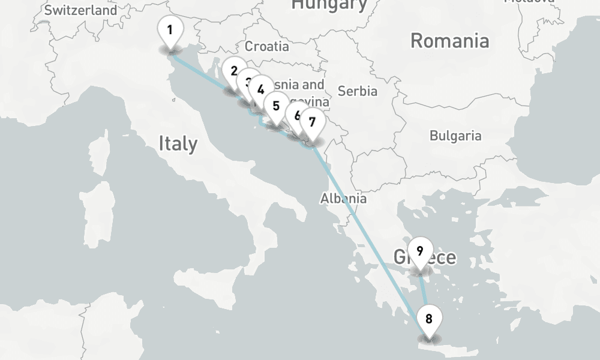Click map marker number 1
pos(170,31)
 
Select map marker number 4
pos(261,89)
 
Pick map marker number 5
pos(276,106)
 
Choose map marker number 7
pos(312,122)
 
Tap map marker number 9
pos(420,251)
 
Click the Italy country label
pos(178,143)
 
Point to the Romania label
pos(449,41)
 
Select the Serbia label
pos(358,91)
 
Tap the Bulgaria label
pos(455,136)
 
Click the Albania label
pos(343,198)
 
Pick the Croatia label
pos(267,46)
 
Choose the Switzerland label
pos(81,10)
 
